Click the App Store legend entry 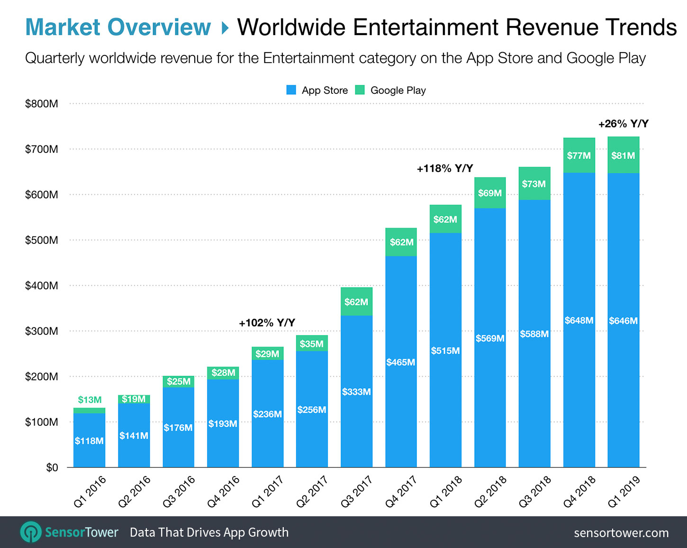click(x=317, y=90)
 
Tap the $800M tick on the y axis click(x=42, y=104)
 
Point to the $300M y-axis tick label click(x=42, y=331)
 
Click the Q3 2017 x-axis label click(x=357, y=492)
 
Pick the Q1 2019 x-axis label click(x=624, y=492)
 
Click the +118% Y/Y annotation click(x=445, y=168)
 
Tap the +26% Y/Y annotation click(x=623, y=124)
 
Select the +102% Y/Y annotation click(x=267, y=323)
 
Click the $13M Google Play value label click(x=90, y=400)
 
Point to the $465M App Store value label click(x=401, y=362)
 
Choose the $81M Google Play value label click(x=623, y=155)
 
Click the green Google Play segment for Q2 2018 click(x=490, y=193)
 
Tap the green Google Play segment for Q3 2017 click(x=356, y=302)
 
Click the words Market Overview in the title click(x=118, y=27)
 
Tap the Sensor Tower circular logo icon click(x=31, y=532)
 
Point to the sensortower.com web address click(x=621, y=533)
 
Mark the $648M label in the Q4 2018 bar click(x=579, y=320)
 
